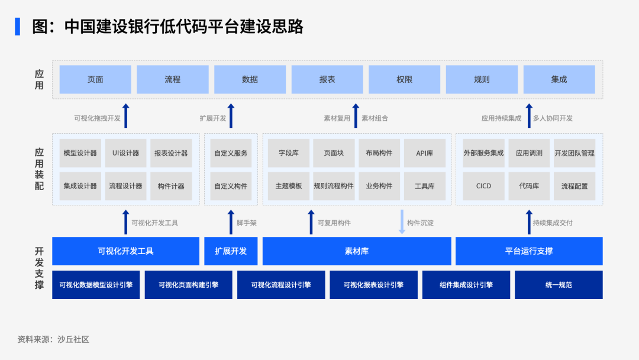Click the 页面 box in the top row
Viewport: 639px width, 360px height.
95,79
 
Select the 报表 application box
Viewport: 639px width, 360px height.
327,79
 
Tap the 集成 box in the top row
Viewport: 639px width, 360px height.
559,79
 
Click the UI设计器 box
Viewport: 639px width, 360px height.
125,153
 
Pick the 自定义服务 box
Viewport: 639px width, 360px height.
231,153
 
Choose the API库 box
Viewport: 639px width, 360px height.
425,153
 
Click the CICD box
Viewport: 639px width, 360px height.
484,186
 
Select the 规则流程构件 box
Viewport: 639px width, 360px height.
334,186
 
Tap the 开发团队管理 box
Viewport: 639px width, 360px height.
575,153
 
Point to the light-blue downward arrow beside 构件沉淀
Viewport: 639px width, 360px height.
402,222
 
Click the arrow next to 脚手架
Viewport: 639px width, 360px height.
231,222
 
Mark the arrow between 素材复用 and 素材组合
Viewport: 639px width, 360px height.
356,115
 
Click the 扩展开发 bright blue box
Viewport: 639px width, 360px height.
231,251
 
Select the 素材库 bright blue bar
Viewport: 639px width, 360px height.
357,251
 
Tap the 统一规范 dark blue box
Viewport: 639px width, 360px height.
559,285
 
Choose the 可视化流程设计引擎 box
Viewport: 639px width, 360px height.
281,285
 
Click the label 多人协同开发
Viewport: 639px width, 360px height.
553,118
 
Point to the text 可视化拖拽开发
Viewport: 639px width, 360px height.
98,118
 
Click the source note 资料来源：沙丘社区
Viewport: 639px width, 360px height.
53,339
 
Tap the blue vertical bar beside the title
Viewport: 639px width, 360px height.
18,27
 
